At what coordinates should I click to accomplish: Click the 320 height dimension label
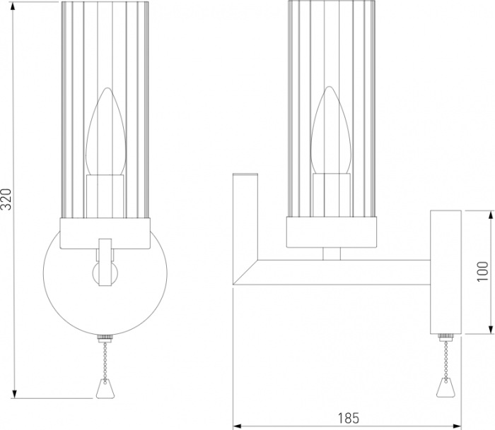point(6,199)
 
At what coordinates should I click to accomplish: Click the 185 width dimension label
point(349,418)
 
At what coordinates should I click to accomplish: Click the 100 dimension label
point(483,272)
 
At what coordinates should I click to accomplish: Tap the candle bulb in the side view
point(330,130)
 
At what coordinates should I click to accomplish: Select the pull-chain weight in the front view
point(105,388)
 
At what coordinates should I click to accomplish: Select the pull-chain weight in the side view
point(445,388)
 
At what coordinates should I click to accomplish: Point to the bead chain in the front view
point(105,362)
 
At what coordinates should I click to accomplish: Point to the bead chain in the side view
point(445,360)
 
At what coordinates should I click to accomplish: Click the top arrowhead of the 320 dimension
point(14,7)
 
